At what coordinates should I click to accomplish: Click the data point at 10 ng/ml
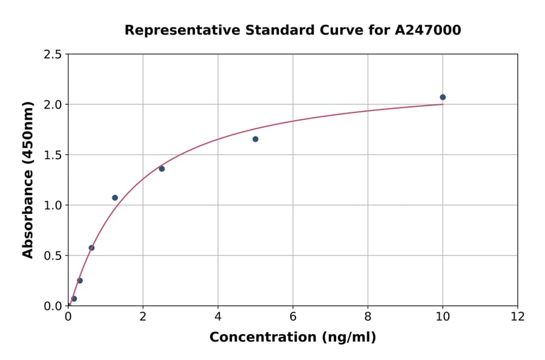pos(443,97)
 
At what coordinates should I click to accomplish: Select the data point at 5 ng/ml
pos(256,139)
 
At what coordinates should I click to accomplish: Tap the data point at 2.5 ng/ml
pos(162,168)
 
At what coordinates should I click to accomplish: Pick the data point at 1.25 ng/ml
pos(115,198)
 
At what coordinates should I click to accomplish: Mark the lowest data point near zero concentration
pos(74,299)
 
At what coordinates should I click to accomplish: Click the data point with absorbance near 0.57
pos(91,248)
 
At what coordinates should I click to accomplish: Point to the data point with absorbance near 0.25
pos(80,281)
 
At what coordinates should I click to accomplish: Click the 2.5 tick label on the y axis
pos(52,55)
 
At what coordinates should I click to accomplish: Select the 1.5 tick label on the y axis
pos(52,155)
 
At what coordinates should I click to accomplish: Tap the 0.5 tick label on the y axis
pos(52,256)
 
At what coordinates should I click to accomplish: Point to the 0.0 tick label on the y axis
pos(52,306)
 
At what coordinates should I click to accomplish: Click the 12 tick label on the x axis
pos(517,317)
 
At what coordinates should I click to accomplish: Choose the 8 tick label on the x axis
pos(368,317)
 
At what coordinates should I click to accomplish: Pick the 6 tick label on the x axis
pos(292,317)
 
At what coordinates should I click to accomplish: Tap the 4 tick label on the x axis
pos(218,317)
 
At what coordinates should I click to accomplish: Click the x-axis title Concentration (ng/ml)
pos(292,338)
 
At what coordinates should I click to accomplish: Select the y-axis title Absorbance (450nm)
pos(28,179)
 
